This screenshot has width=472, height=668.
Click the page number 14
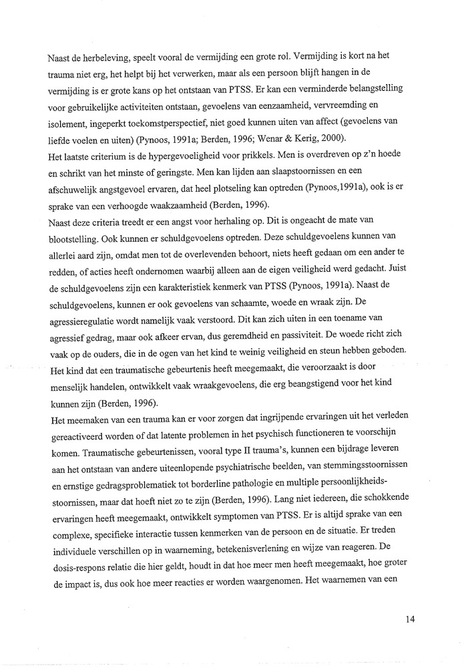pyautogui.click(x=410, y=619)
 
